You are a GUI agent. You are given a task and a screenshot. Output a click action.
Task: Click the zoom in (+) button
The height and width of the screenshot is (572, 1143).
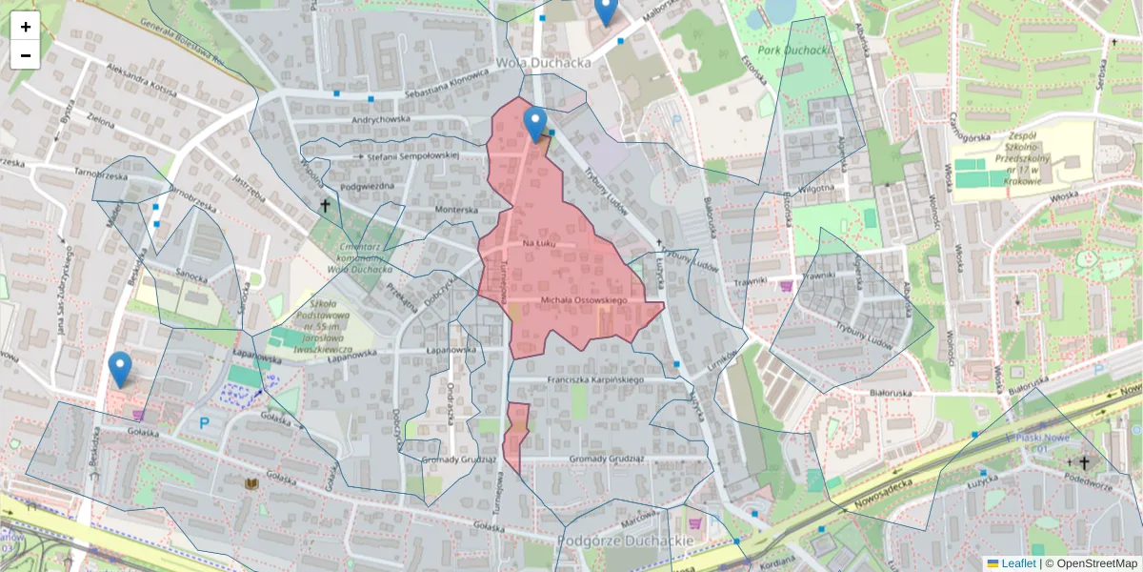(x=26, y=27)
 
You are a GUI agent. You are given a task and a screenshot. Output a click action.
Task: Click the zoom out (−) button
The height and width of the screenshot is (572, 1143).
(x=26, y=55)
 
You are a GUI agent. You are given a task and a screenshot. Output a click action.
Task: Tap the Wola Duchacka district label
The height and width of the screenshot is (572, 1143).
(x=543, y=62)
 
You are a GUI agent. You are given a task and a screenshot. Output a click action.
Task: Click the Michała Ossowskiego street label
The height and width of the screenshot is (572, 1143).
(x=583, y=301)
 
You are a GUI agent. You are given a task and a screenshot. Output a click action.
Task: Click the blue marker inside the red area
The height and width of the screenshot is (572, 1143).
(x=536, y=123)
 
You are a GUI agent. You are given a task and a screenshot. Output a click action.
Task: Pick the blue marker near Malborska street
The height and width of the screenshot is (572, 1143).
(x=605, y=10)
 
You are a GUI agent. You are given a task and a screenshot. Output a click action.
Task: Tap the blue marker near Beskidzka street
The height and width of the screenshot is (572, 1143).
(x=120, y=368)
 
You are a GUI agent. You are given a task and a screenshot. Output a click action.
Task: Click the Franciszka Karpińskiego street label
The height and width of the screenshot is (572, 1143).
(x=596, y=380)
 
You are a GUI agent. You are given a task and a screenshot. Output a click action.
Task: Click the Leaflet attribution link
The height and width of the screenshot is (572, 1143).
(x=1017, y=563)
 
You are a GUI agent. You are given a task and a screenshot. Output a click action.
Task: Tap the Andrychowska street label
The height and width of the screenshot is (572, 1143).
(x=380, y=119)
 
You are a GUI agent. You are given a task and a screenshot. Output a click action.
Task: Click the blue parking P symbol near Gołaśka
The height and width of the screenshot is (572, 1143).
(x=204, y=421)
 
